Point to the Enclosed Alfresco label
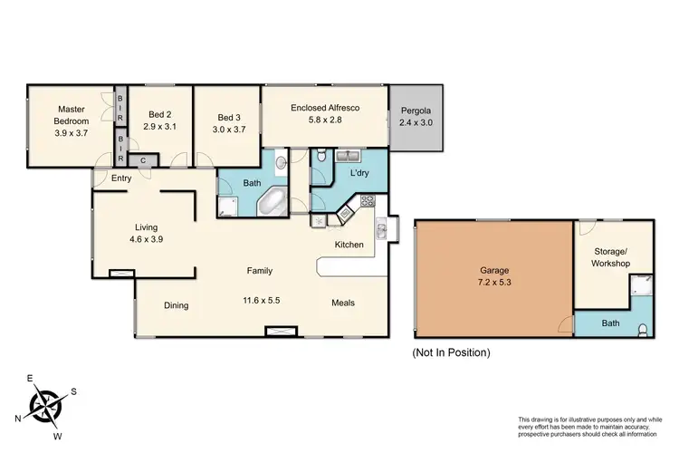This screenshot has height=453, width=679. [x=325, y=108]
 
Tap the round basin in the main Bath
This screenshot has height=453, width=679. [x=281, y=164]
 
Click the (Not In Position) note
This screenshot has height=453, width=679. [x=450, y=352]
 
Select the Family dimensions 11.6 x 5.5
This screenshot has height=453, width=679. [x=260, y=300]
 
